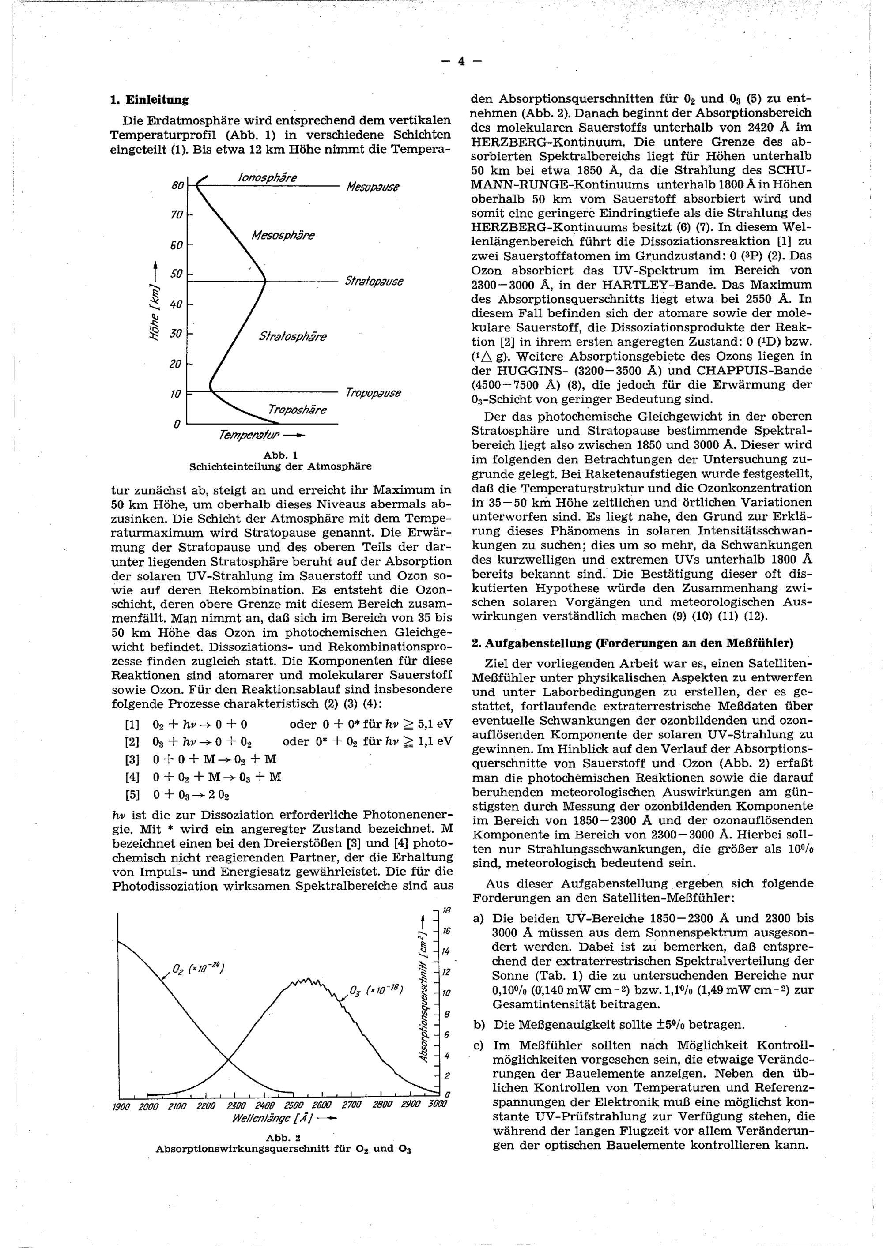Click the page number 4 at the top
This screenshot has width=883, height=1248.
point(461,61)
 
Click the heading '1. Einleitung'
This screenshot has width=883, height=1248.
point(149,100)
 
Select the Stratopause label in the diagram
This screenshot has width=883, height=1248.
point(374,282)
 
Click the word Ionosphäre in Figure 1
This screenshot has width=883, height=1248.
point(268,178)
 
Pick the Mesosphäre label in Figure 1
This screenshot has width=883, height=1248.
point(283,235)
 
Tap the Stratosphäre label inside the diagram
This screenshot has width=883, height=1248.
point(293,336)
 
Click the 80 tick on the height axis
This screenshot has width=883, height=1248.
point(177,186)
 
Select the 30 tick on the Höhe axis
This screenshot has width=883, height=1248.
point(176,333)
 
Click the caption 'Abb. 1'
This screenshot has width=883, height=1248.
point(280,455)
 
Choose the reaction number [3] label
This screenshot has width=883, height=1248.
point(132,759)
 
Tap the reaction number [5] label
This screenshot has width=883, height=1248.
point(132,795)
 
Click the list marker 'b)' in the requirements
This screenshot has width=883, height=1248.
point(479,1025)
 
